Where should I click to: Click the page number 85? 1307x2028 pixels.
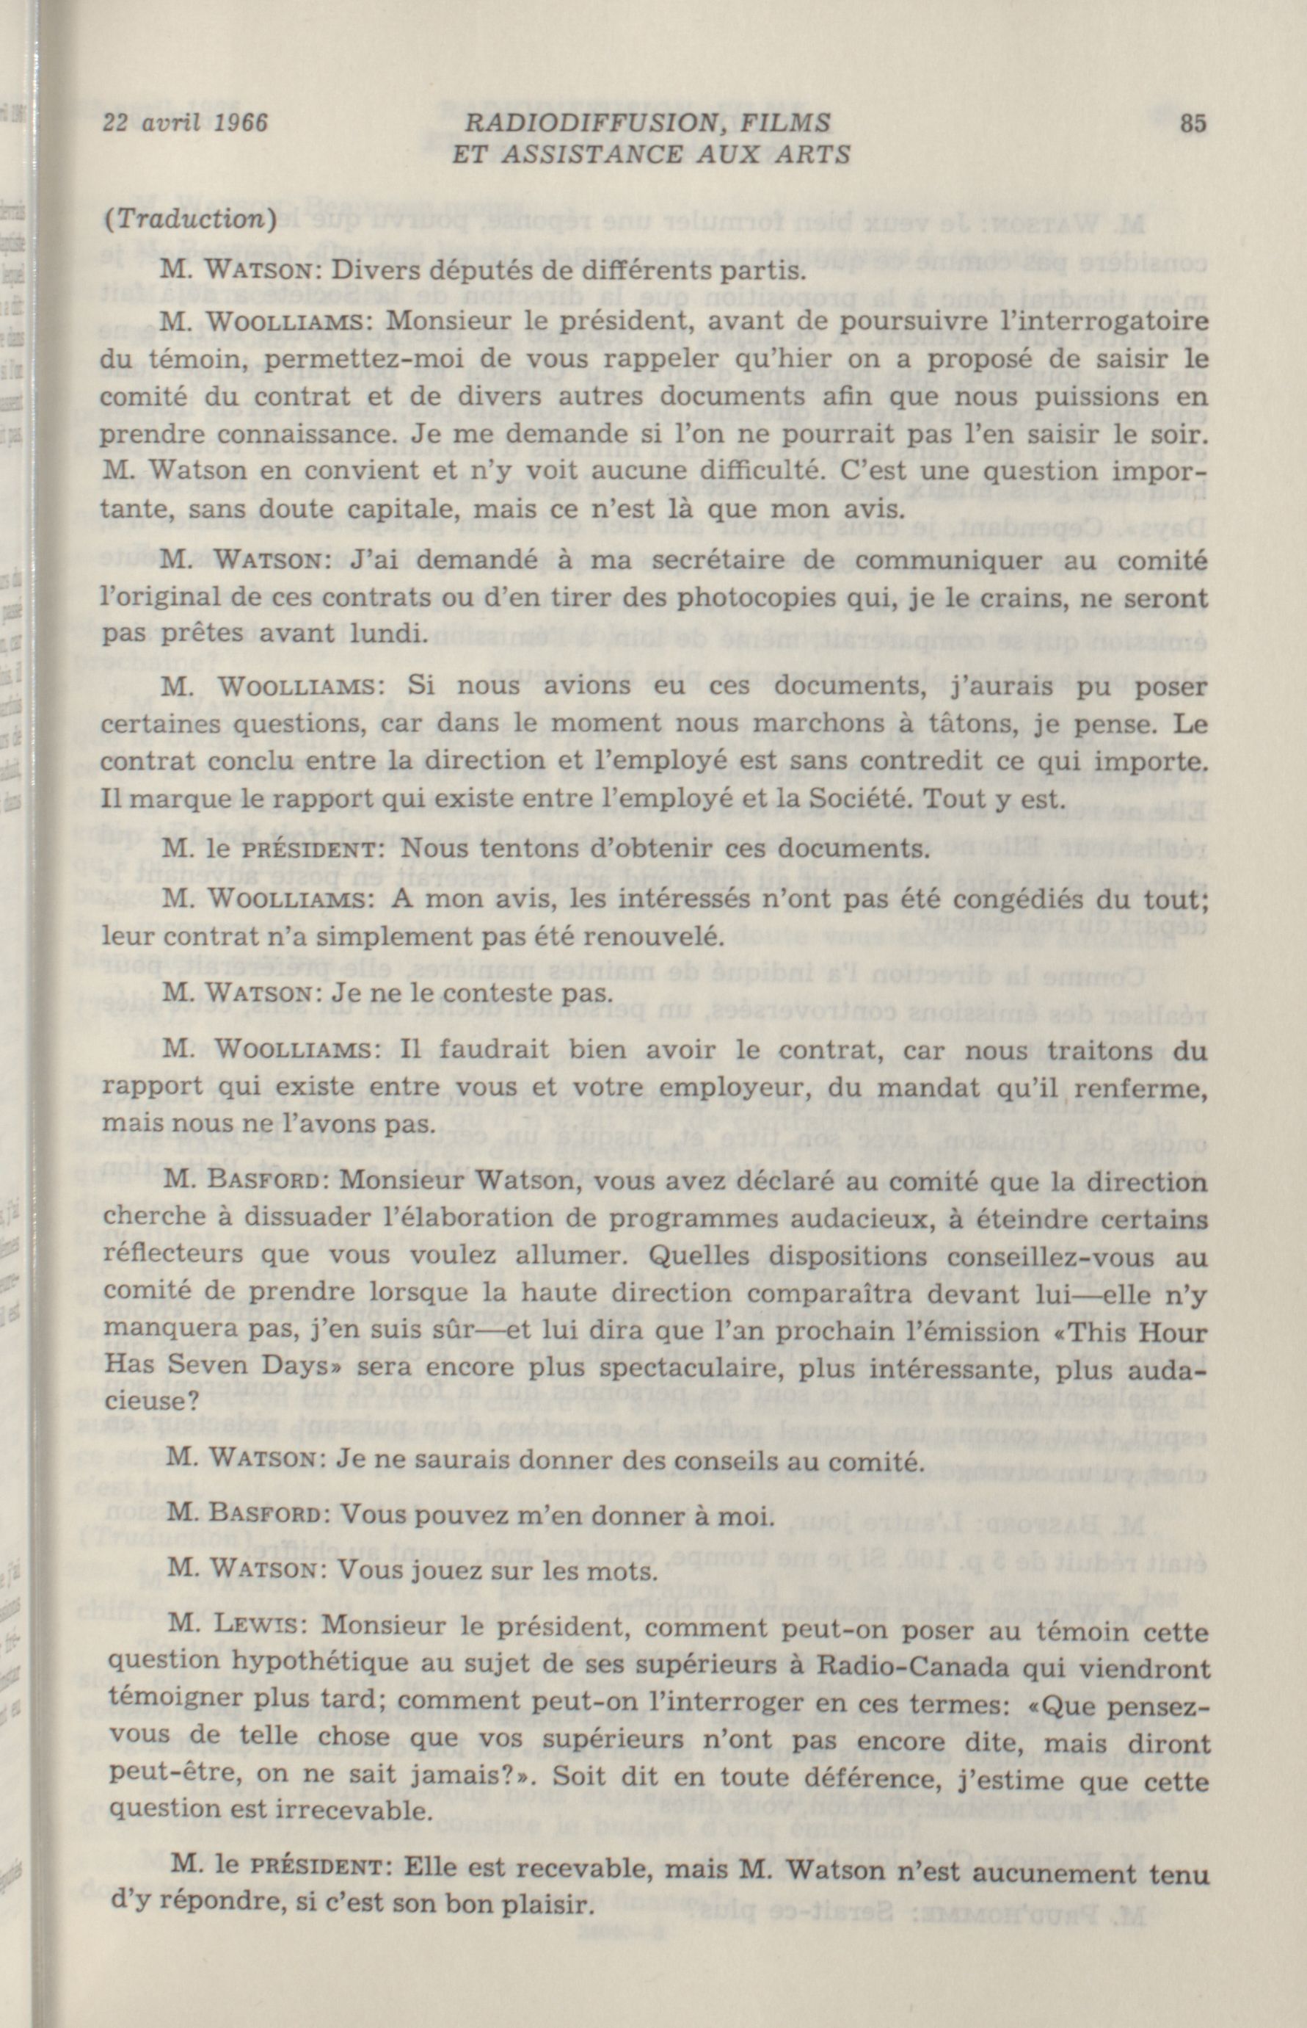pos(1192,124)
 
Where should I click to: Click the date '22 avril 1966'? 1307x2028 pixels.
pos(184,124)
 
